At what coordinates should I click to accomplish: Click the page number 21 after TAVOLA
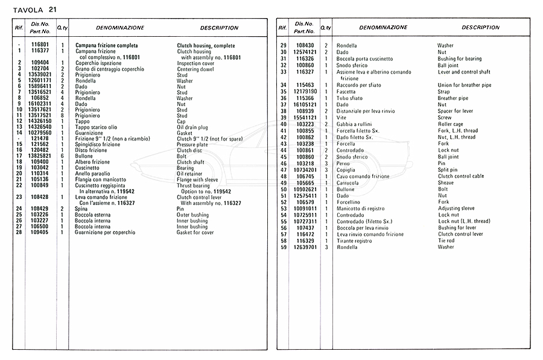(54, 8)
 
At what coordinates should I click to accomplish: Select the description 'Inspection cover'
(196, 63)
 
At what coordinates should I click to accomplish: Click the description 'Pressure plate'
(192, 145)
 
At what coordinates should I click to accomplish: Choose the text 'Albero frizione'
(92, 162)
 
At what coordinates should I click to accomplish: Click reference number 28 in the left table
(20, 232)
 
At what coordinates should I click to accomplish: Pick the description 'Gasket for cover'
(195, 232)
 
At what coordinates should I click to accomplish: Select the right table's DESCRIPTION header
(480, 28)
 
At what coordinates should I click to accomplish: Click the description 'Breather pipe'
(453, 98)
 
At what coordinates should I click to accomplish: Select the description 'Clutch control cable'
(461, 176)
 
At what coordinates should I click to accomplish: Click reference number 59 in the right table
(283, 247)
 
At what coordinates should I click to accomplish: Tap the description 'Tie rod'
(446, 241)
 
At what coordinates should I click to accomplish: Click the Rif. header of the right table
(282, 28)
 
